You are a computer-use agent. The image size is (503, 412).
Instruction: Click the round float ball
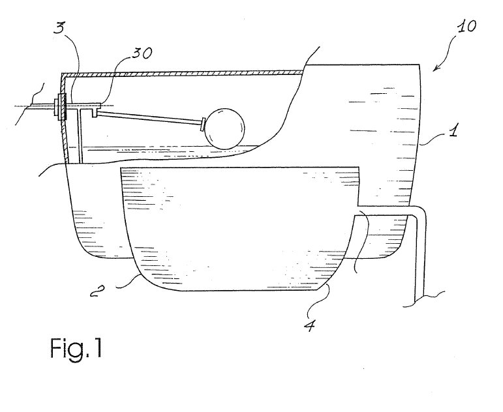224,129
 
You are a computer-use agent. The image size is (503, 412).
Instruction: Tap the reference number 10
466,27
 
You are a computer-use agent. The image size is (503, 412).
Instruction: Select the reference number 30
142,53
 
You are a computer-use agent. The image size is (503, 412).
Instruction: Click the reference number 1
453,130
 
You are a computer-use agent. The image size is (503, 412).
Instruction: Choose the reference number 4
309,326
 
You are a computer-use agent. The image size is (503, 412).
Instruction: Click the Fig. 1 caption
76,349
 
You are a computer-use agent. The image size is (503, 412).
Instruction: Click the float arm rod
149,117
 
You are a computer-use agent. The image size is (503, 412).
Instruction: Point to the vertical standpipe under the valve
80,136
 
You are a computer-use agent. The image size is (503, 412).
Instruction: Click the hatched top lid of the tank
183,74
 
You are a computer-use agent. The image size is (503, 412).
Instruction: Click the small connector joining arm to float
203,125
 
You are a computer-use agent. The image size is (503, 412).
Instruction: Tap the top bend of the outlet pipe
420,211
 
